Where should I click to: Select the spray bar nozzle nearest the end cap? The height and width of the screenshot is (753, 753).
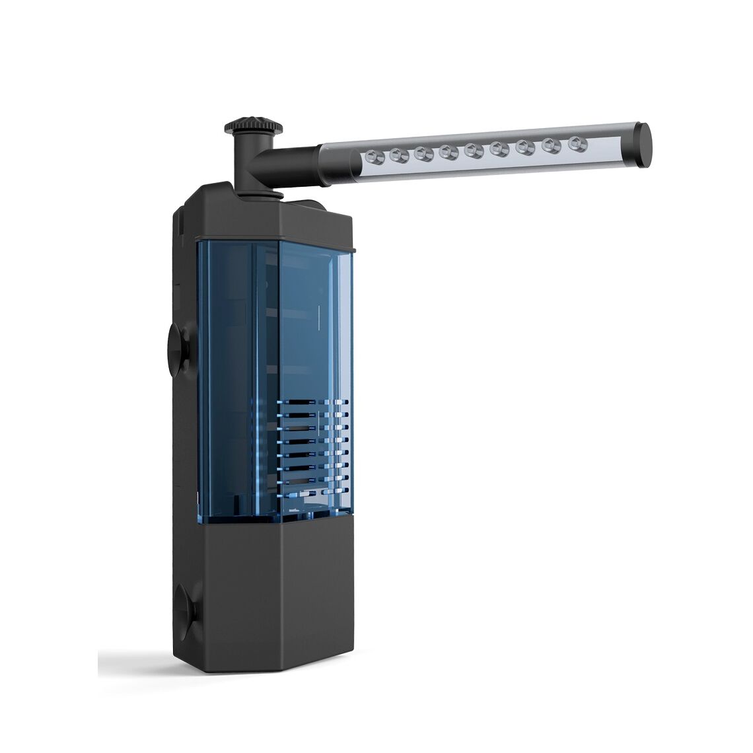click(x=579, y=143)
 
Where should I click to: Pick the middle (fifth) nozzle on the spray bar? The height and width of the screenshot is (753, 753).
click(x=473, y=150)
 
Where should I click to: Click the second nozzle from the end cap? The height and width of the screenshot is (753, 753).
click(x=552, y=145)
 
